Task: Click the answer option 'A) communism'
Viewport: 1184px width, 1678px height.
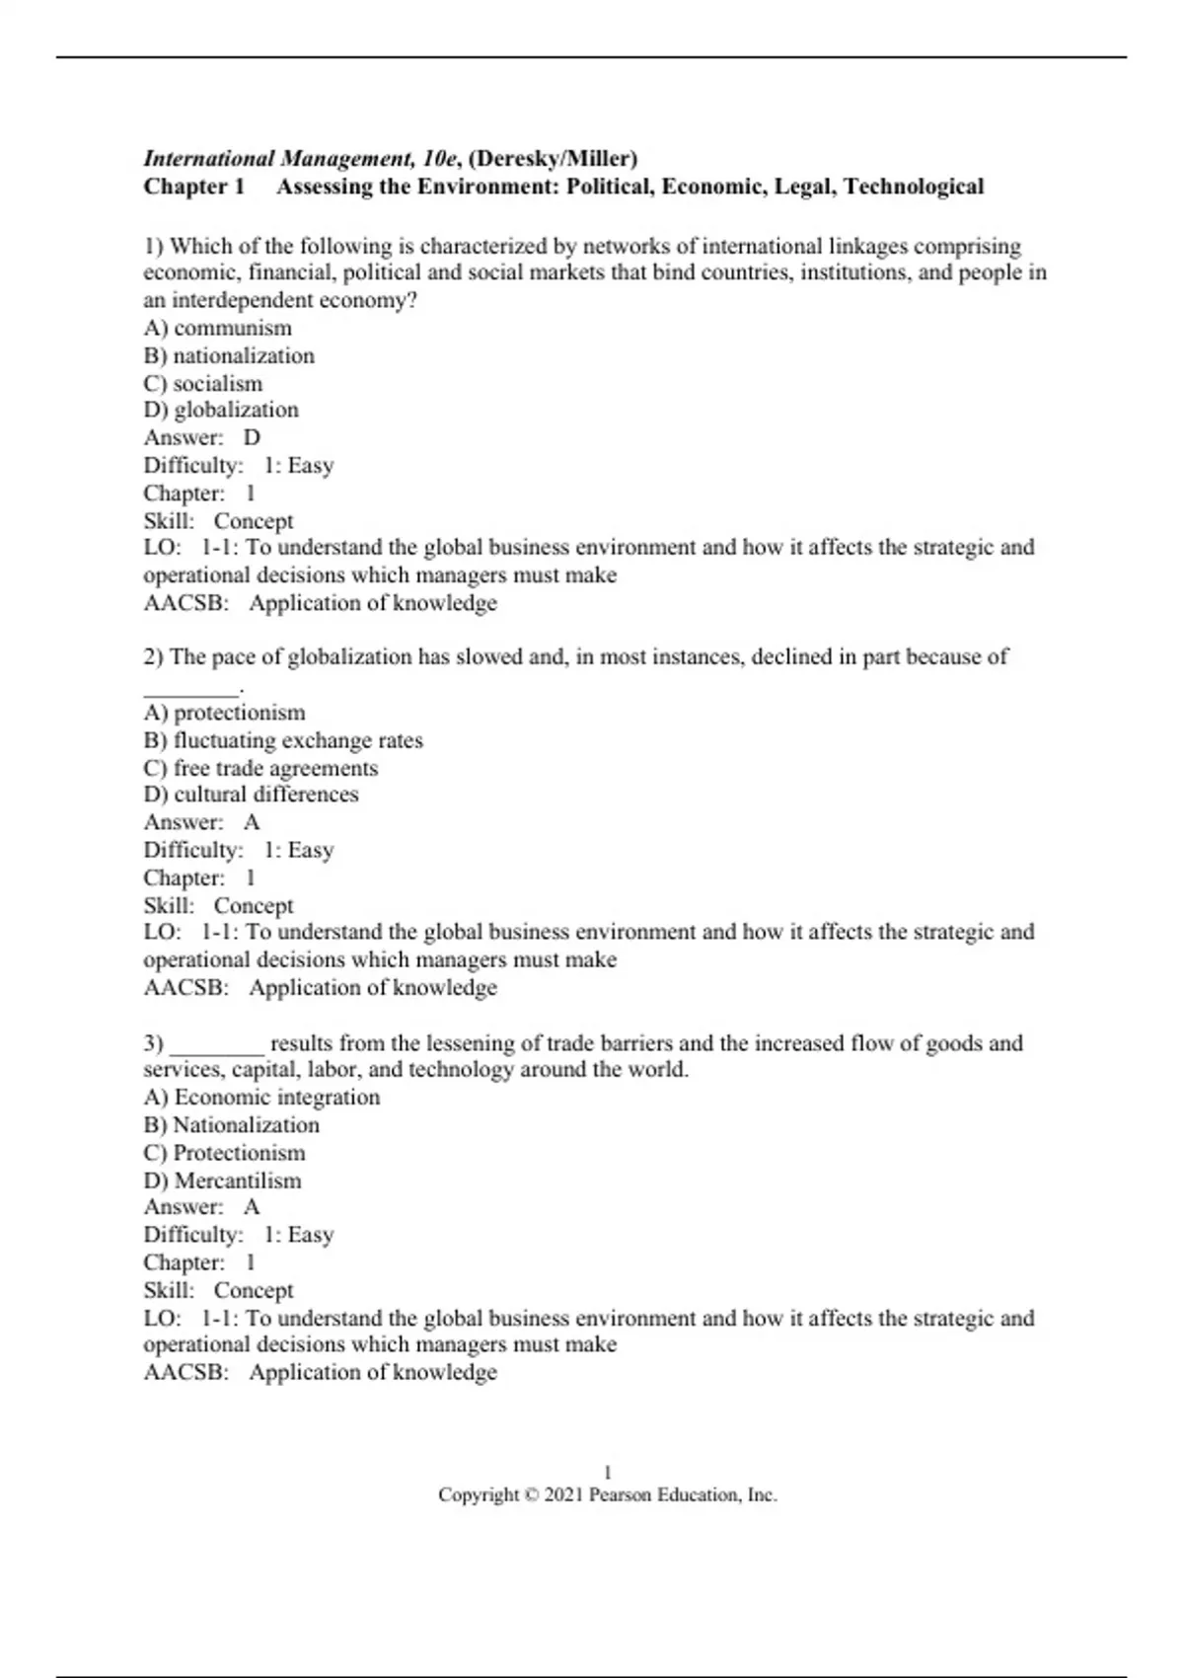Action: point(218,329)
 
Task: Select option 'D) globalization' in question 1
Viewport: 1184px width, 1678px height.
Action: point(221,411)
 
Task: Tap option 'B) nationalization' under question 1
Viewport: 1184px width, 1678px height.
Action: point(229,356)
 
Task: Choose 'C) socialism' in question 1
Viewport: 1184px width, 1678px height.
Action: point(203,384)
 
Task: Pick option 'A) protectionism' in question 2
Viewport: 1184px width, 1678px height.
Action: point(225,713)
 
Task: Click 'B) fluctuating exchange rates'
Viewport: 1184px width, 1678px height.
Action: point(283,740)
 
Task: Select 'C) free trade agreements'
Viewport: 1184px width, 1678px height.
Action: point(260,768)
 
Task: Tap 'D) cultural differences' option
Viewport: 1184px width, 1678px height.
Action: point(252,795)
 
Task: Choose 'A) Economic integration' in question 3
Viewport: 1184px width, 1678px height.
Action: point(261,1098)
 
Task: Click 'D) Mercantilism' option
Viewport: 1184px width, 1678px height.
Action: point(223,1181)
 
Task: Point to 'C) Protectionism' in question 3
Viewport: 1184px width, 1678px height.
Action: point(225,1153)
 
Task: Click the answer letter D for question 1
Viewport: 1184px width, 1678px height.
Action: point(253,438)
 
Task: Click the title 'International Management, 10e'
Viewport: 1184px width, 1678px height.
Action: point(301,159)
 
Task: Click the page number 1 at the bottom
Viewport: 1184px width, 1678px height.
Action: point(608,1472)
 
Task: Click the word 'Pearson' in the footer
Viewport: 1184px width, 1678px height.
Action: point(621,1495)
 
